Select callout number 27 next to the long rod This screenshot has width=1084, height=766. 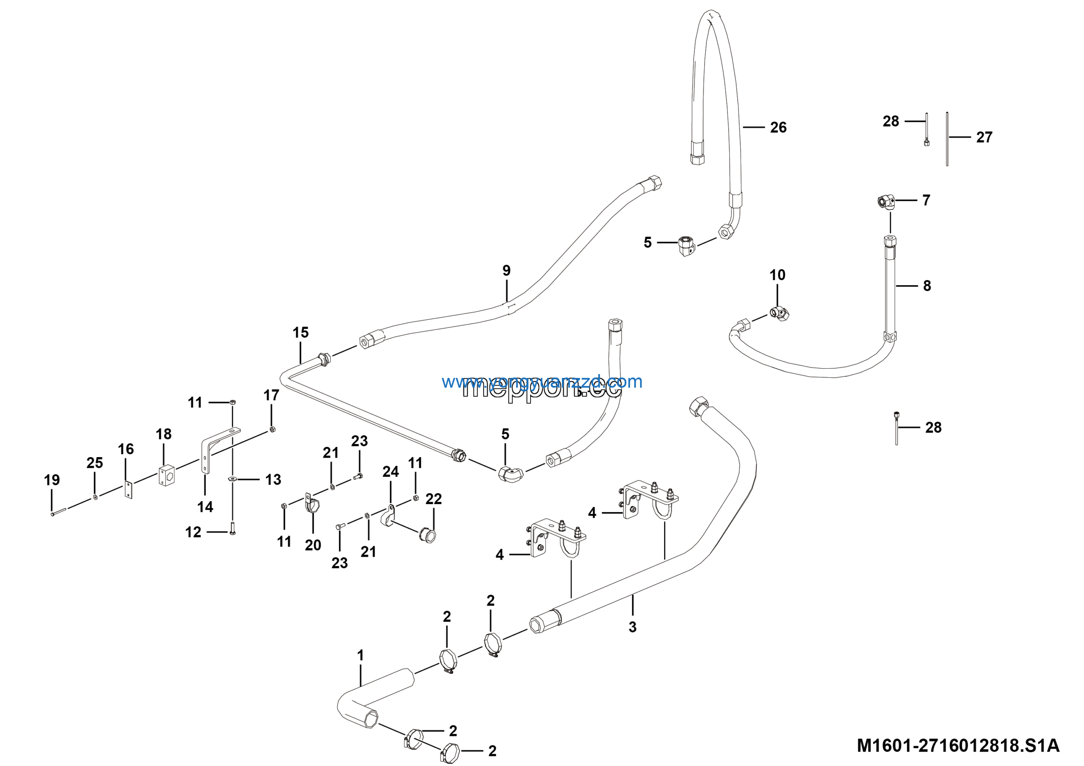click(x=984, y=137)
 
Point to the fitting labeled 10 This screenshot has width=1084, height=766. click(x=780, y=313)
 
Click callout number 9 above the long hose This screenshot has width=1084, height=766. click(x=506, y=271)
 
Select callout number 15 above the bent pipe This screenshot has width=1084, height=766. click(x=300, y=333)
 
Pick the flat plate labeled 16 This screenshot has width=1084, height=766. click(x=128, y=490)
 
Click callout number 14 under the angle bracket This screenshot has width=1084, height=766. click(x=205, y=507)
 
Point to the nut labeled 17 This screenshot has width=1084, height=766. click(x=272, y=429)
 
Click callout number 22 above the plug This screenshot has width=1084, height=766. click(x=434, y=499)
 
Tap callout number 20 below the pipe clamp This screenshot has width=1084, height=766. click(x=312, y=545)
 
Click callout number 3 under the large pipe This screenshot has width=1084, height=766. click(x=632, y=627)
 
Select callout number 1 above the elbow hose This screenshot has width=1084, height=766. click(x=360, y=655)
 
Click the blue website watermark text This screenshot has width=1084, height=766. click(x=542, y=382)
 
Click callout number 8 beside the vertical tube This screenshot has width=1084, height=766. click(x=927, y=286)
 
